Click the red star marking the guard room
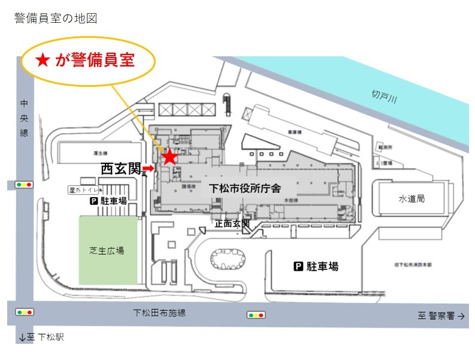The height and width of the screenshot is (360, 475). (170, 157)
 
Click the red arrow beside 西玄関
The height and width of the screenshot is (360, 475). (147, 170)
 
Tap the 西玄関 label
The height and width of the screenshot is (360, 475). (120, 170)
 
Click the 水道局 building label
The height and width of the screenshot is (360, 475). (412, 198)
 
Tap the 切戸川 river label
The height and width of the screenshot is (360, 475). (384, 96)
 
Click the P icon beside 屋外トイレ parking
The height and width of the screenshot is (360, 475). (93, 202)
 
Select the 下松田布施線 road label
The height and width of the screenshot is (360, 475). (160, 313)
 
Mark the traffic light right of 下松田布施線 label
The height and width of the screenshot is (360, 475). (255, 314)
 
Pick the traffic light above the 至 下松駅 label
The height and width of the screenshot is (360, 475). (25, 312)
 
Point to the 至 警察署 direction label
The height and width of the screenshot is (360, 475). (441, 316)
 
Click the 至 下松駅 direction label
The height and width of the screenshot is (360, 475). (41, 337)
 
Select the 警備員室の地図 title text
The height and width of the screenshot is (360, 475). (55, 19)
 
